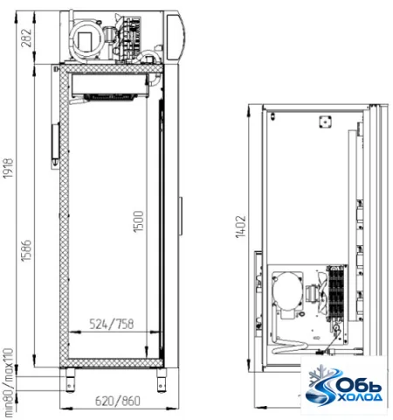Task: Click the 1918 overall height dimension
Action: pos(8,168)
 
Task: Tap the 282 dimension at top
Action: pos(26,38)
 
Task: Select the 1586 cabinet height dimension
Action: pos(26,250)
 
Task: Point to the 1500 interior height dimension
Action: pos(139,221)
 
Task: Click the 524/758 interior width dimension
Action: pos(111,324)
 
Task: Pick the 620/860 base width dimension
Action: pos(118,401)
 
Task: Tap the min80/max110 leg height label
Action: pos(9,382)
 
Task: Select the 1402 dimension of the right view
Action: pos(241,227)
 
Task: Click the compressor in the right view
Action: pos(287,291)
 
